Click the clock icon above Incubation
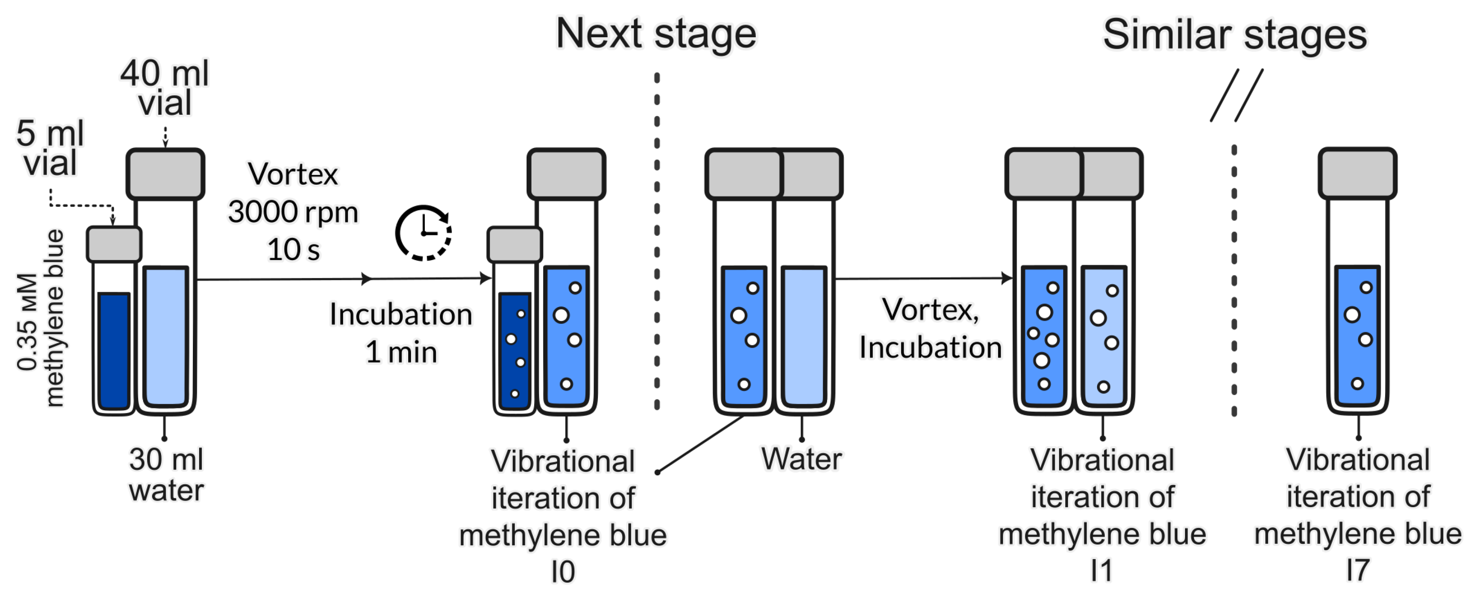point(423,233)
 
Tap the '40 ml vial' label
point(165,88)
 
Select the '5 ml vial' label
point(50,148)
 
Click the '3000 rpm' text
point(293,213)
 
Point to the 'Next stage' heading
point(656,34)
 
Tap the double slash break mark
point(1237,96)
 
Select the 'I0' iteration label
point(562,572)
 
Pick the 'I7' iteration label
point(1357,570)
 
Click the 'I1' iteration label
point(1101,570)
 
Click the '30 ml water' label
point(166,475)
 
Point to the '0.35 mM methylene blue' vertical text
point(40,318)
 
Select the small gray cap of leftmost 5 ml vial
point(114,244)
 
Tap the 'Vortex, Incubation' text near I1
point(930,329)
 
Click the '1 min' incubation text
point(401,352)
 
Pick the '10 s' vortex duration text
point(293,250)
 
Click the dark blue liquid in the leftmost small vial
point(114,351)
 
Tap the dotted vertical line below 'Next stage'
point(657,240)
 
